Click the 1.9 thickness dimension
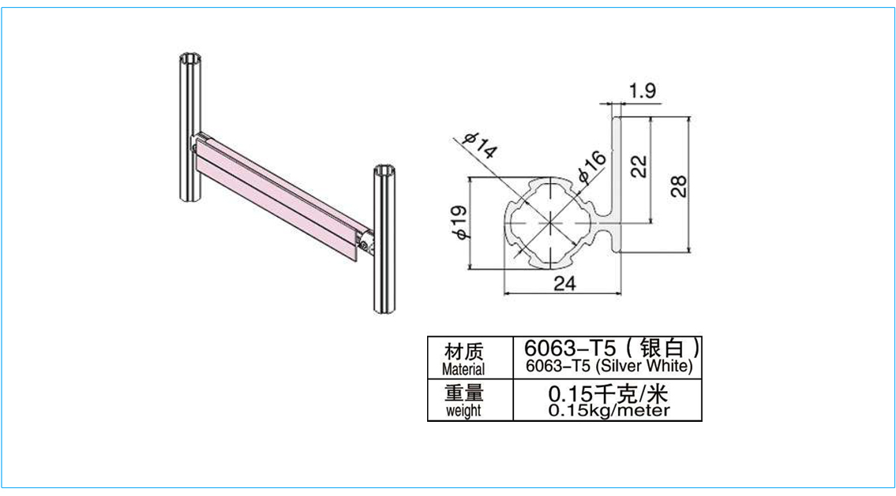click(x=643, y=91)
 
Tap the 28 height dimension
click(x=678, y=186)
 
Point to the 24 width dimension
click(x=564, y=283)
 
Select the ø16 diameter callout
click(x=590, y=166)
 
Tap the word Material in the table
click(x=463, y=369)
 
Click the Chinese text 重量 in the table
click(x=463, y=393)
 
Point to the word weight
click(x=463, y=410)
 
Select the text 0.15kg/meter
click(x=609, y=410)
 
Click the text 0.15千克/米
click(x=608, y=393)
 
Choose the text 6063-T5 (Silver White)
click(x=609, y=365)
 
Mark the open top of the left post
click(x=189, y=60)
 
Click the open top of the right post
click(x=386, y=171)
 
